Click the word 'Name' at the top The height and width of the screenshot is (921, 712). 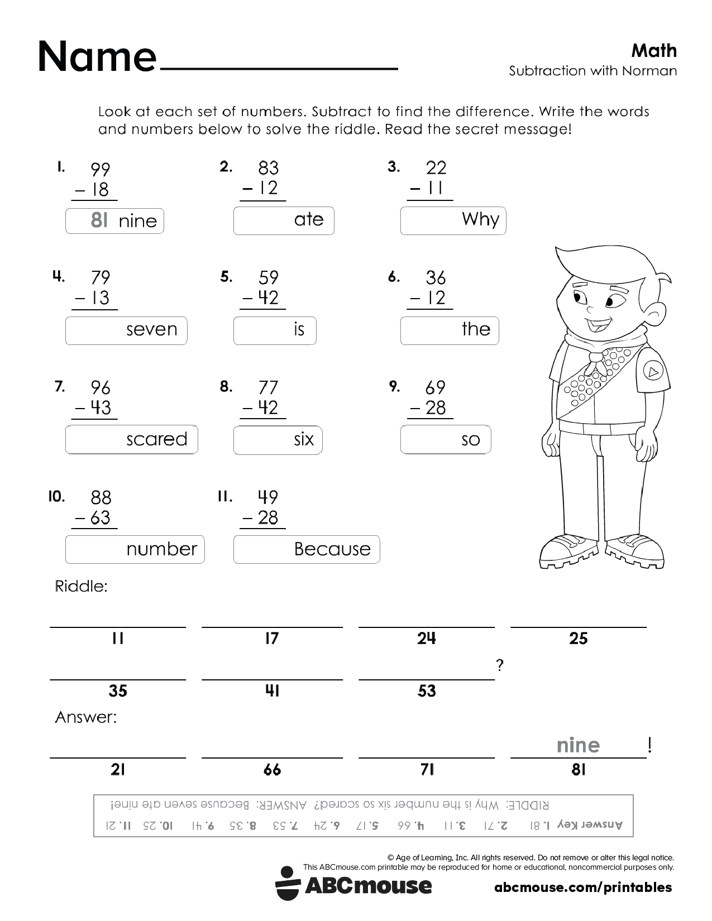point(97,56)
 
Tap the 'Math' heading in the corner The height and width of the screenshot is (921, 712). point(654,51)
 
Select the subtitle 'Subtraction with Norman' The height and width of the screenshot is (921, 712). point(592,71)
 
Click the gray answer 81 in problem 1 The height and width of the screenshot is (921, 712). point(99,221)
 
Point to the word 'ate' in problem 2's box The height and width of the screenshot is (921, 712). point(309,219)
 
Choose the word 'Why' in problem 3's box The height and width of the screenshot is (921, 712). point(480,219)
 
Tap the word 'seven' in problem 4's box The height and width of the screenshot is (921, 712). point(151,329)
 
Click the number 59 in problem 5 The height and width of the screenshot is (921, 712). point(268,277)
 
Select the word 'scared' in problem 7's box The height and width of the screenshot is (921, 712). point(156,439)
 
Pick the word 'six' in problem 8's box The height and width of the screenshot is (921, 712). point(304,439)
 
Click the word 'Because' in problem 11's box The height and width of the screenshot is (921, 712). point(332,549)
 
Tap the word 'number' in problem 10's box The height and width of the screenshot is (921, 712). point(161,549)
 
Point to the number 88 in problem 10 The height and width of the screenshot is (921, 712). point(101,497)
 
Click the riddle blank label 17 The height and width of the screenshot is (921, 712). point(272,638)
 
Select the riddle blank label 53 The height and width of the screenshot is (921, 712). point(427,691)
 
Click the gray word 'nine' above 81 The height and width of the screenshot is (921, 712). point(578,745)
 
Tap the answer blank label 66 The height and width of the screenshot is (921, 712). point(272,770)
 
